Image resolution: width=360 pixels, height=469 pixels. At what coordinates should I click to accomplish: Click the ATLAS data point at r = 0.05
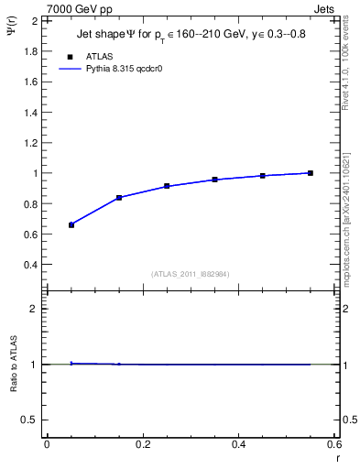71,224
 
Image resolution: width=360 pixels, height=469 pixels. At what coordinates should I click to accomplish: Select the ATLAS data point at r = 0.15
119,198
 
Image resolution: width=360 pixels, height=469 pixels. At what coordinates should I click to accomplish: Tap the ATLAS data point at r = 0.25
167,186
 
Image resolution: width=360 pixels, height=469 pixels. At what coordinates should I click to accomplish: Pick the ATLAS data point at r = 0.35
214,180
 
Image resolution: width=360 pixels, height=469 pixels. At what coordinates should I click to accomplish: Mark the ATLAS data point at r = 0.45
262,175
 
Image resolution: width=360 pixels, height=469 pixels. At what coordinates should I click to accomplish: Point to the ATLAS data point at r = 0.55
311,173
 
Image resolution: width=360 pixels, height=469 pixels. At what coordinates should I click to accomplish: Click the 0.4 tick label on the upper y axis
30,265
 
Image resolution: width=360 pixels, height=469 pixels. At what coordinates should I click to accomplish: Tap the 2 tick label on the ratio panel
34,309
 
